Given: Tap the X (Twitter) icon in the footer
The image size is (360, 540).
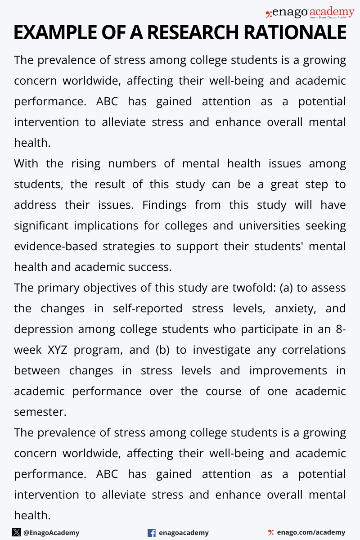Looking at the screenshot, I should pyautogui.click(x=17, y=532).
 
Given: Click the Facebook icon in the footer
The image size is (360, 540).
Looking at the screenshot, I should pyautogui.click(x=152, y=533).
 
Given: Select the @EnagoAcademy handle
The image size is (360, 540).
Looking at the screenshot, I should pyautogui.click(x=51, y=533).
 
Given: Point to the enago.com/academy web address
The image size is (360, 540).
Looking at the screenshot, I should pyautogui.click(x=311, y=532).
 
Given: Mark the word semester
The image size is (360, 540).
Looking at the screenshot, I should pyautogui.click(x=40, y=412).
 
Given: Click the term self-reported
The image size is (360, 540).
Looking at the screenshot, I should pyautogui.click(x=148, y=308).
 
